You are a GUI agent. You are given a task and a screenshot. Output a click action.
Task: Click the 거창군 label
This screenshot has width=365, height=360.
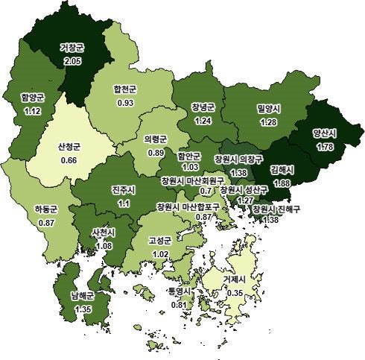click(72, 48)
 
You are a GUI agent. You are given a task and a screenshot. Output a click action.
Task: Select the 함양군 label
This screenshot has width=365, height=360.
click(34, 97)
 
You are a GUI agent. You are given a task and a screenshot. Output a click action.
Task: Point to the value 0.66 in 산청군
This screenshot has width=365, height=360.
click(69, 160)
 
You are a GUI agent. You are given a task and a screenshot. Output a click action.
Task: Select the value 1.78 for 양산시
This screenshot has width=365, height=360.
click(325, 147)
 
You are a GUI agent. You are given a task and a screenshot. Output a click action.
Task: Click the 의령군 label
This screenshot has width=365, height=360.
click(156, 139)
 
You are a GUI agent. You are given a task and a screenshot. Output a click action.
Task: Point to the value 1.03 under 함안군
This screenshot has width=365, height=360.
click(189, 167)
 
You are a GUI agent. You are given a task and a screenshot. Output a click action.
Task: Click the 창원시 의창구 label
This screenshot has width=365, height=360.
click(238, 160)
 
